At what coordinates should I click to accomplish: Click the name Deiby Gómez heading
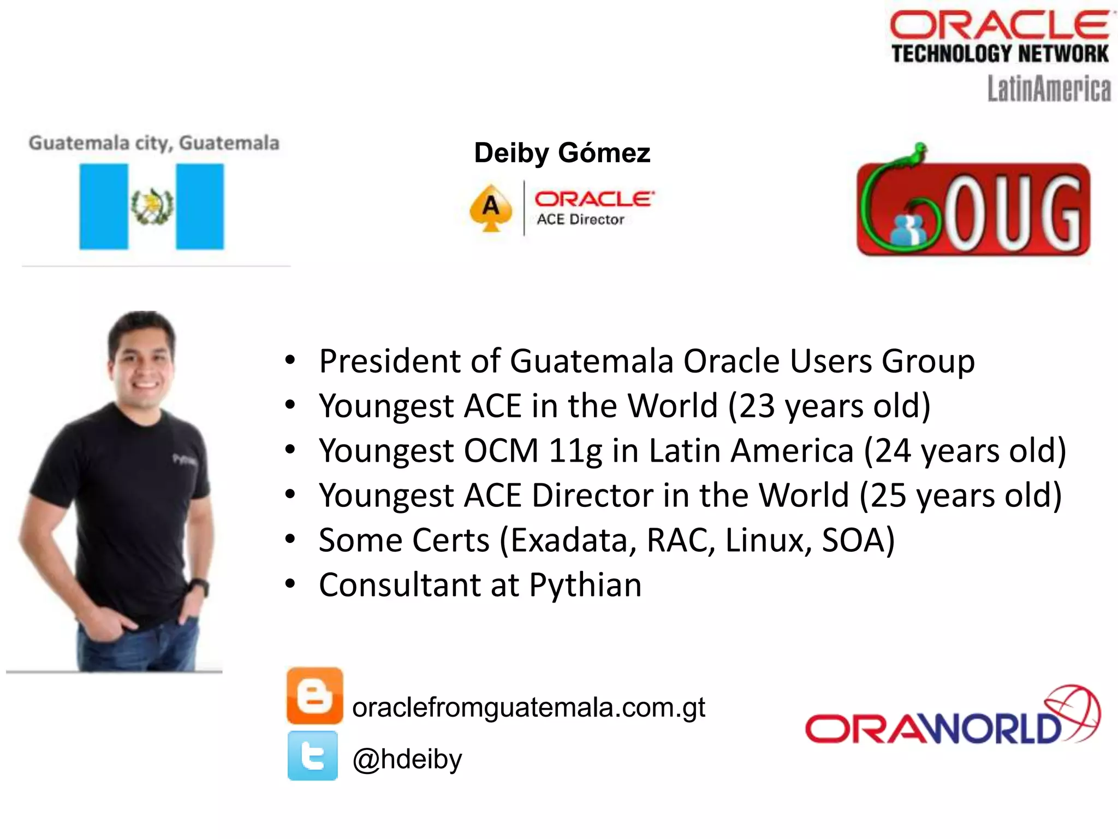[x=562, y=153]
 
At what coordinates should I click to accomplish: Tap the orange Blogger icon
[x=314, y=695]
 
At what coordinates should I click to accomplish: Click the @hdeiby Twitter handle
[x=407, y=759]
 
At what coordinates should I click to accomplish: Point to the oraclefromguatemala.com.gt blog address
[x=528, y=707]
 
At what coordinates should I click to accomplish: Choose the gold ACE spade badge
[x=491, y=208]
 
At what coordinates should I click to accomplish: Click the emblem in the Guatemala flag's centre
[x=152, y=206]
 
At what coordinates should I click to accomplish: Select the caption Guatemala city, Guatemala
[x=154, y=143]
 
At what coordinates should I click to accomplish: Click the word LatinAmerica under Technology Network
[x=1049, y=89]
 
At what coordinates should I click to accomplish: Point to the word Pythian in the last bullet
[x=585, y=585]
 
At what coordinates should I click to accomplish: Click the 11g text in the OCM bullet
[x=575, y=451]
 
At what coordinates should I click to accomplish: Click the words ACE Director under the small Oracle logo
[x=580, y=220]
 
